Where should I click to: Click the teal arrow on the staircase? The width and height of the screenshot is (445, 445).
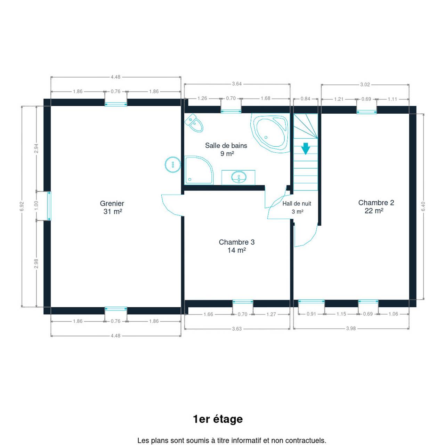point(306,148)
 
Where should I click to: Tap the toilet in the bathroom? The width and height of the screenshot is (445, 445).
point(194,123)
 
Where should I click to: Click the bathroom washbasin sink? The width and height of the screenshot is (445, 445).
point(238,177)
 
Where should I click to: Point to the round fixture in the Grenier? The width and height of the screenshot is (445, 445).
point(173,165)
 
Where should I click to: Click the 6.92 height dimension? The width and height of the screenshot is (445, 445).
point(22,207)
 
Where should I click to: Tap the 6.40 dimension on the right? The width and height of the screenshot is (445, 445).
point(423,207)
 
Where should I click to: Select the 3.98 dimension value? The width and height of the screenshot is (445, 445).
point(351,329)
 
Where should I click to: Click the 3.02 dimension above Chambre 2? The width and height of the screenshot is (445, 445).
point(365,85)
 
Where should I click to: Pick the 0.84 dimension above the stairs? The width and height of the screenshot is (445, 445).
point(305,99)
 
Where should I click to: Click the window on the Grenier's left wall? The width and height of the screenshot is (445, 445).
point(49,206)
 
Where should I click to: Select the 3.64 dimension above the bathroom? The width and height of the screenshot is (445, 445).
point(237,84)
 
